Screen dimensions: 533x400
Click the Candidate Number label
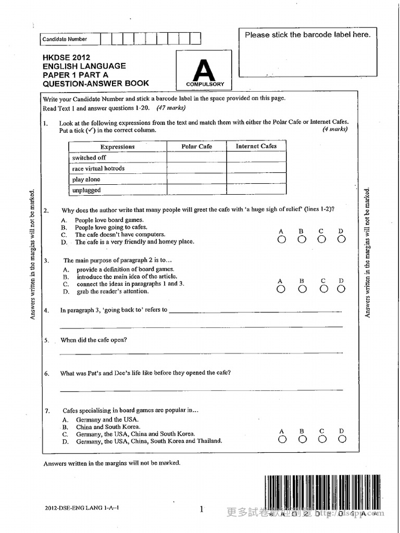(65, 39)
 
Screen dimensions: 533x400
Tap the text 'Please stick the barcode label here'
(308, 35)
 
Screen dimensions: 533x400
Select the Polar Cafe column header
(196, 147)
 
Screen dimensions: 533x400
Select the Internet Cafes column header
(256, 146)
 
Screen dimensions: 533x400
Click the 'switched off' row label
(89, 158)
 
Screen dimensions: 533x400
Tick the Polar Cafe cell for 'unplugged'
(196, 190)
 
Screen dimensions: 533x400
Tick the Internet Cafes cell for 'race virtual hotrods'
(256, 169)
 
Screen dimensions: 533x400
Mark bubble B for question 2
(302, 239)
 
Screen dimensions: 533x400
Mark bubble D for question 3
(342, 289)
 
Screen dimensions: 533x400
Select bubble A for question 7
(282, 439)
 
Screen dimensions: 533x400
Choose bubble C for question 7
(322, 439)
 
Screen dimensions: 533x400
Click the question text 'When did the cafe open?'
(94, 340)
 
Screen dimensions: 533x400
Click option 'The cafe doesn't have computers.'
(120, 235)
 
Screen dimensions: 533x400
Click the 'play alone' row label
(86, 180)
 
